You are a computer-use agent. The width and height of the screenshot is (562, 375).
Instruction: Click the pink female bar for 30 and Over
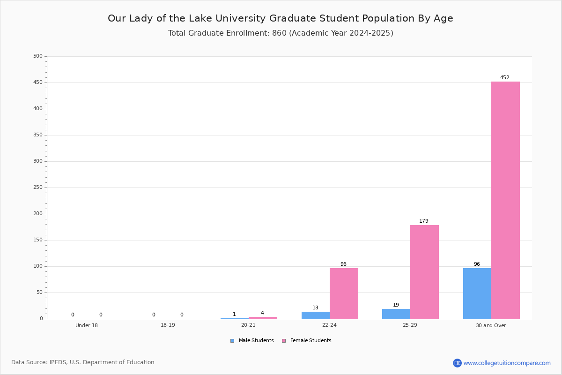click(505, 200)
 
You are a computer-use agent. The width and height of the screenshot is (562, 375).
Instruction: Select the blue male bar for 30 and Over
click(477, 293)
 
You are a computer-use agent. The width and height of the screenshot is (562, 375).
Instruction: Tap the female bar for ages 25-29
click(424, 272)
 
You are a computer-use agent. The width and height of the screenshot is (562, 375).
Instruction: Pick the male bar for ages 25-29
click(396, 314)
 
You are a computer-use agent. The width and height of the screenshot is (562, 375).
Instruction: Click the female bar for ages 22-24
click(344, 293)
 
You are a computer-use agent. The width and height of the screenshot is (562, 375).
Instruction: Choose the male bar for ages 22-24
click(316, 315)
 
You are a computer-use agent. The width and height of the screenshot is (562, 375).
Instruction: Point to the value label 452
click(504, 77)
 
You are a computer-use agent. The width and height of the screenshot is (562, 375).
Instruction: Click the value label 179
click(424, 221)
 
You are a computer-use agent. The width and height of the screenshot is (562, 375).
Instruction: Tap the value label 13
click(315, 307)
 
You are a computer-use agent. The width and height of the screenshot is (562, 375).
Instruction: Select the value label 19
click(396, 305)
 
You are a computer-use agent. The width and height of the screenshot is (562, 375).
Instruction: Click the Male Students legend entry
click(252, 340)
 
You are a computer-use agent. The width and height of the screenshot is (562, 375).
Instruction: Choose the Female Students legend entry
click(307, 340)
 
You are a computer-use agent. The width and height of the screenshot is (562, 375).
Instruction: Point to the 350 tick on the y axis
click(38, 135)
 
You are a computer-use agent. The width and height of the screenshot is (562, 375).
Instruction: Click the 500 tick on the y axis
click(38, 56)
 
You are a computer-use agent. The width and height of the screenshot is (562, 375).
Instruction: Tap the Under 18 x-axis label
click(87, 325)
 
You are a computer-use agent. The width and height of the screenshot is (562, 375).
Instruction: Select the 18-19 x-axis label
click(168, 325)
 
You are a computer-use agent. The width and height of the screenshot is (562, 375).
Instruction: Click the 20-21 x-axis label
click(248, 325)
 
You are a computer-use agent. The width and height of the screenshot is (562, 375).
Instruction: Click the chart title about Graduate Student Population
click(281, 18)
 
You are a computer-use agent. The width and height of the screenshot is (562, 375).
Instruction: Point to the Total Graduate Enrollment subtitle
click(281, 33)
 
